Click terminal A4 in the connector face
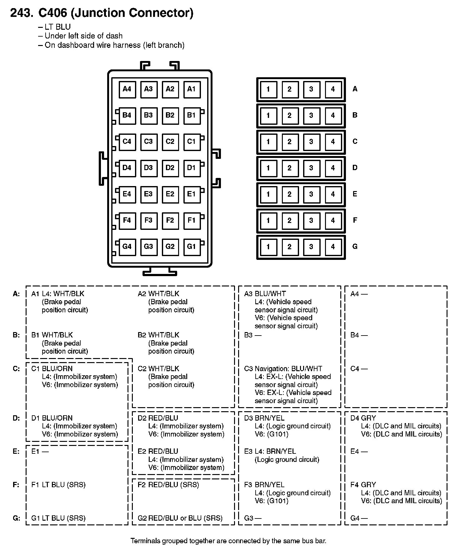[127, 89]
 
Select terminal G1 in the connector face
[192, 247]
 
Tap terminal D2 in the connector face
[170, 168]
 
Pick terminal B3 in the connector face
[148, 115]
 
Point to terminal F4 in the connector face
[127, 220]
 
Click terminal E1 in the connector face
[192, 194]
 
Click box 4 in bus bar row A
[333, 89]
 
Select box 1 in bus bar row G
[268, 247]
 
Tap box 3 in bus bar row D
[311, 168]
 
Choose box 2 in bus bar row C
[290, 142]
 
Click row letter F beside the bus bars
[355, 220]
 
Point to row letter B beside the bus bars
[355, 115]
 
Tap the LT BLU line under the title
[57, 27]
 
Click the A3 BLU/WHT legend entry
[265, 294]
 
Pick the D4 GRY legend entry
[363, 418]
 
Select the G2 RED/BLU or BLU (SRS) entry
[180, 518]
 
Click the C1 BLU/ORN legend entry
[52, 369]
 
